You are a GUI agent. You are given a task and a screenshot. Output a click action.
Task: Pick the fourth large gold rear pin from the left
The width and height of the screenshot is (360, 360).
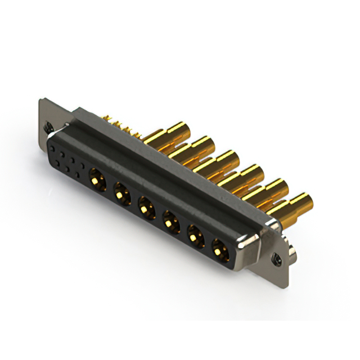250,172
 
